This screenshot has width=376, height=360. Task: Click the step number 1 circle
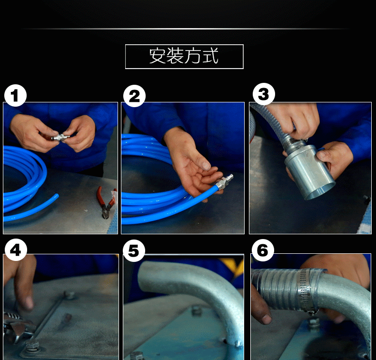(15, 95)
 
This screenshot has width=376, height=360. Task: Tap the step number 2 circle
(134, 96)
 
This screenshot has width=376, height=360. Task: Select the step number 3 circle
(264, 94)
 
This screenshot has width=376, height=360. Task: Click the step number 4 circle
(16, 250)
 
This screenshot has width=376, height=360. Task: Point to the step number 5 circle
(134, 251)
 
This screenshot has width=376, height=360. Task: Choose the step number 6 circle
(262, 250)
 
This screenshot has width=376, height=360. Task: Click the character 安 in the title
(158, 56)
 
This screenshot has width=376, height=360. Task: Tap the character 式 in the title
(210, 56)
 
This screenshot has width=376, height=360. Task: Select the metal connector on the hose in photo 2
(224, 181)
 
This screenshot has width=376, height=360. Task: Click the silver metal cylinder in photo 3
(309, 171)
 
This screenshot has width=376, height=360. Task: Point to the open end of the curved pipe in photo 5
(146, 276)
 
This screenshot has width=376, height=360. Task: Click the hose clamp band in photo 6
(305, 290)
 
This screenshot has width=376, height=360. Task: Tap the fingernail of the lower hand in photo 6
(266, 319)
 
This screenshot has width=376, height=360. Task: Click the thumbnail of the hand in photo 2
(206, 165)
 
